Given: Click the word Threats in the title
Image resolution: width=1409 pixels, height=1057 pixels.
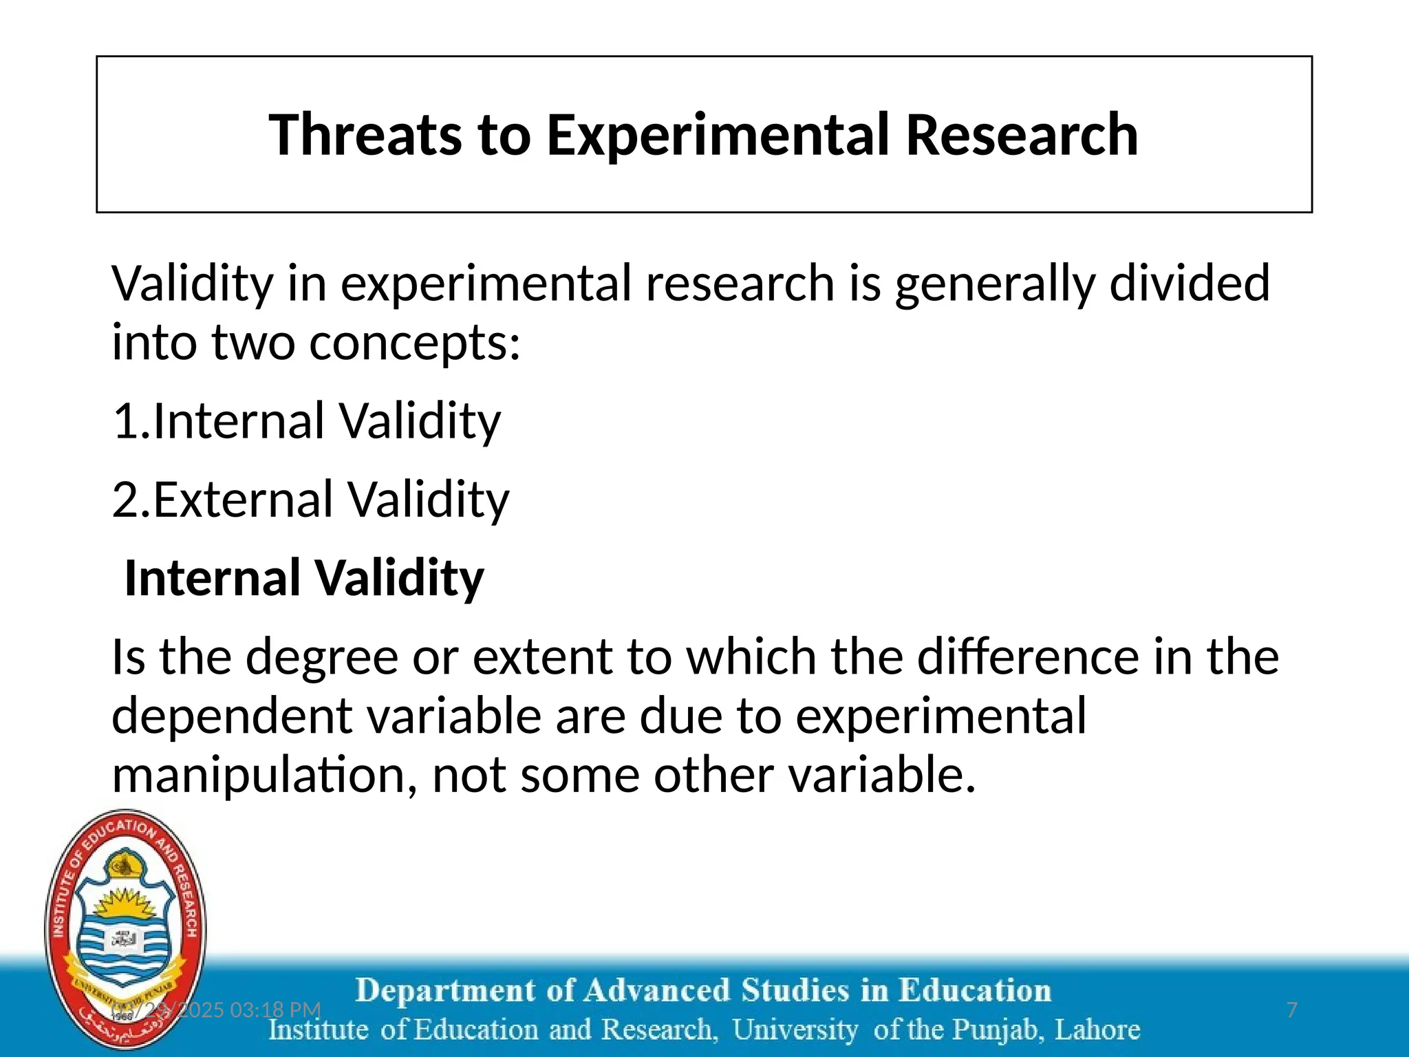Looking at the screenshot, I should (365, 135).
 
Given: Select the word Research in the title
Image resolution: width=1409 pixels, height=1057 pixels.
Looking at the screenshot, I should (1021, 135).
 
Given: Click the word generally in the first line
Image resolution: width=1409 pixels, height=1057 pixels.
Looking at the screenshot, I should (995, 284).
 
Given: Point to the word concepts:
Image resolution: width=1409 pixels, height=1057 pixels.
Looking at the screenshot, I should (415, 343).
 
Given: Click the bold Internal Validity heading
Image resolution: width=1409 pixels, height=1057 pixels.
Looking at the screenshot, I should (304, 578).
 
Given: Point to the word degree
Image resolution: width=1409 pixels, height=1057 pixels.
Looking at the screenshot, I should (321, 658).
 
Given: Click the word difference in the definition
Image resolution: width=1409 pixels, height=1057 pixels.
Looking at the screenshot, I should (1028, 656).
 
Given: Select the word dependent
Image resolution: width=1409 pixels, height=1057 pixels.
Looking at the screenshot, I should (232, 716).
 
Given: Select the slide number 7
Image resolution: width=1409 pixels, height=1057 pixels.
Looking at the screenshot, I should (1291, 1010).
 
